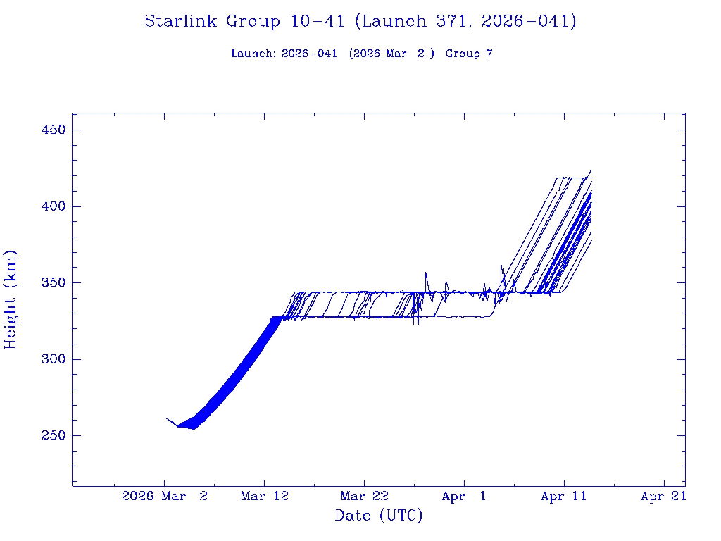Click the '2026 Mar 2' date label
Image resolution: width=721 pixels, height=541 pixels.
coord(165,496)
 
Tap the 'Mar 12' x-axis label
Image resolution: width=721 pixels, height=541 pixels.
coord(265,496)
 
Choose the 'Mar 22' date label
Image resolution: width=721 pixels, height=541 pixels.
coord(364,496)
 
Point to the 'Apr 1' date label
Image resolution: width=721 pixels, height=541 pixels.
coord(464,496)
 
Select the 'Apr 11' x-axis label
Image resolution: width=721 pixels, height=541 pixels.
coord(564,496)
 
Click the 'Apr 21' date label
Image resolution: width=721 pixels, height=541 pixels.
coord(663,496)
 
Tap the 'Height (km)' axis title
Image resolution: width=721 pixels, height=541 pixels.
coord(11,299)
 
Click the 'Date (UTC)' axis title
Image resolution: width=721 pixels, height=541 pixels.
coord(379,516)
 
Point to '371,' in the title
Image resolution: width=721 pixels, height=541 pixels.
coord(457,21)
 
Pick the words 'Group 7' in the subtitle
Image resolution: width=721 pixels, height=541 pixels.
coord(469,54)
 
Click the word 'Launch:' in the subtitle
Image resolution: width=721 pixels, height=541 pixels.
coord(253,54)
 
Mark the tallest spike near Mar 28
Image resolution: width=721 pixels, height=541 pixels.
coord(425,273)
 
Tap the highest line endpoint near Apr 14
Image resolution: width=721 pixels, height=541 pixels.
coord(591,170)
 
